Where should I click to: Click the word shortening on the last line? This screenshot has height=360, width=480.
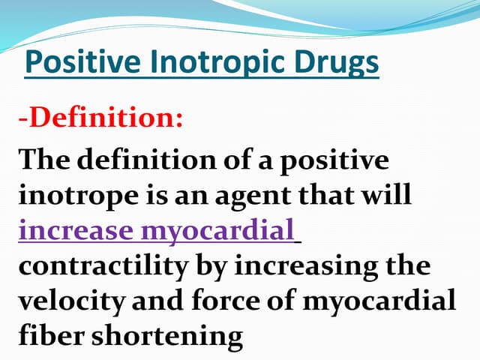(169, 335)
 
